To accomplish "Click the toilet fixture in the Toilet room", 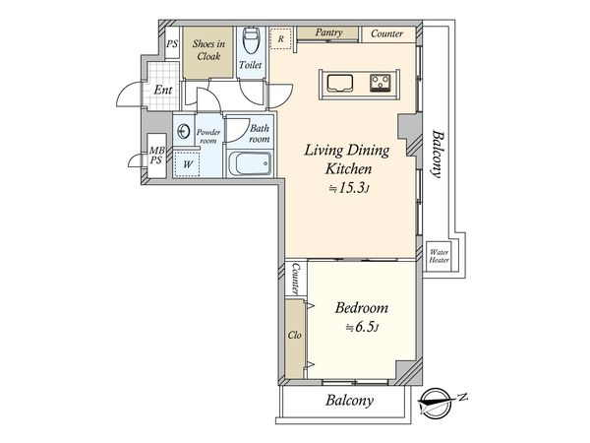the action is coord(250,40).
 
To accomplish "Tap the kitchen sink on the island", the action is coord(339,84).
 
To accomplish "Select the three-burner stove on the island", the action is coord(380,84).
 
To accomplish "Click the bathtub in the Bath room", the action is coord(249,163).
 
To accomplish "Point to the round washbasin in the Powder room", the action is coord(184,131).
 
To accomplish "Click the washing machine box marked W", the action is coord(188,164).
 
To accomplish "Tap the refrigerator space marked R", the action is coord(280,38).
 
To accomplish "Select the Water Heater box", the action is coord(439,256).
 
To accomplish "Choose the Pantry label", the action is coord(328,32).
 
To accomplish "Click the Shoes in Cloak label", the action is coord(208,50).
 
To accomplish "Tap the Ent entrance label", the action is coord(163,90).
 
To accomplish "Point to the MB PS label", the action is coord(156,156).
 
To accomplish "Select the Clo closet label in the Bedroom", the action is coord(295,335).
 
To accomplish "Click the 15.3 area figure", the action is coord(352,188).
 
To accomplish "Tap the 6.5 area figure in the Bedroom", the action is coord(362,327).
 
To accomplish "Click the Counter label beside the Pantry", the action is coord(386,33).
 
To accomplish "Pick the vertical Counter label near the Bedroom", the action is coord(296,279).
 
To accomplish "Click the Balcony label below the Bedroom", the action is coord(350,401).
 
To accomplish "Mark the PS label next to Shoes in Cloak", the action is coord(172,44).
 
